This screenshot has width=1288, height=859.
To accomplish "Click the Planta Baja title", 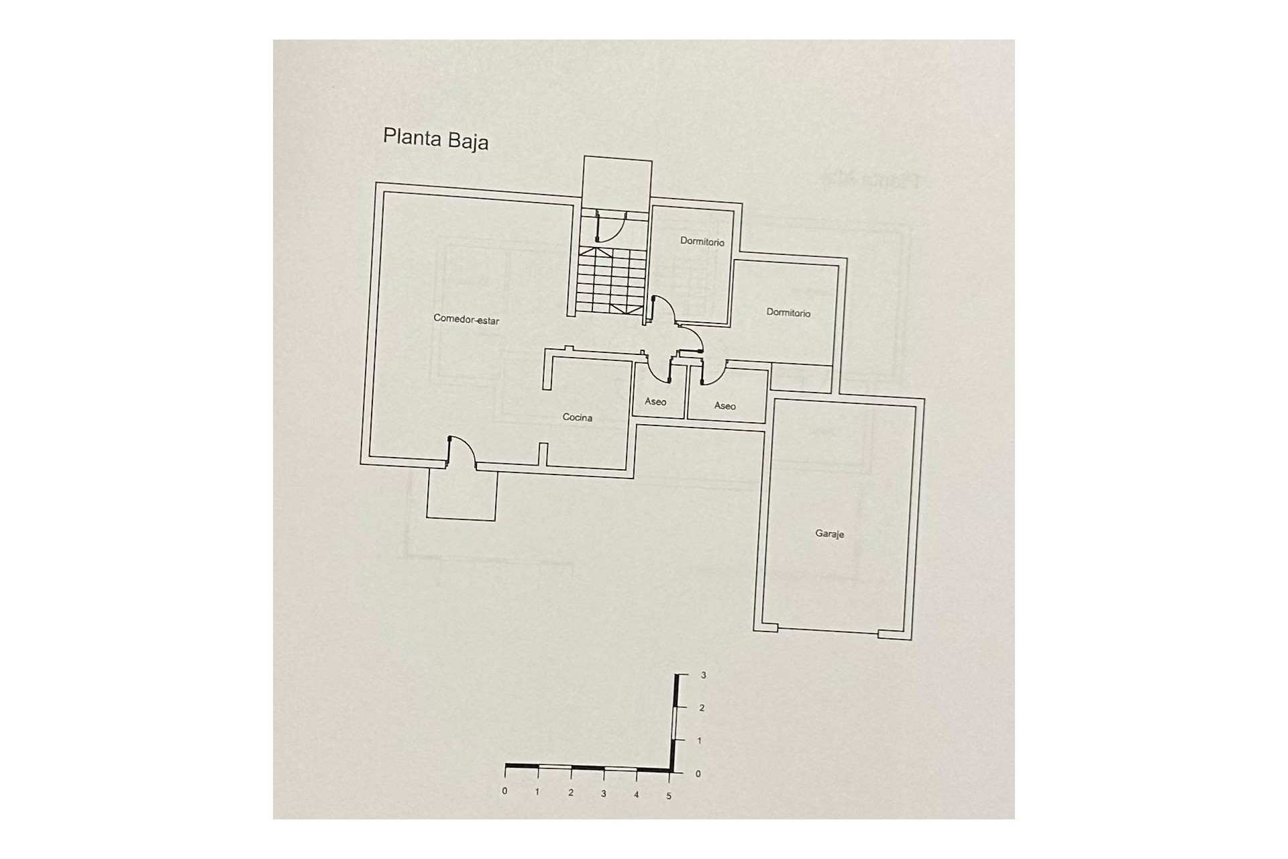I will click(x=435, y=139).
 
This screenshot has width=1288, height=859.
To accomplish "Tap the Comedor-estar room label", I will click(x=466, y=320).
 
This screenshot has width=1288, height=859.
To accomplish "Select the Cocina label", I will click(x=577, y=417).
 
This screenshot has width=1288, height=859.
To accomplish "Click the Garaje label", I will click(x=829, y=534).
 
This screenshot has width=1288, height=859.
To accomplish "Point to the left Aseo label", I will click(x=655, y=402).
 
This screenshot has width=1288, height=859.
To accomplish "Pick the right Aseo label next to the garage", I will click(x=724, y=406).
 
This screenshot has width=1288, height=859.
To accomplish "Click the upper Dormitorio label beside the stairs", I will click(x=702, y=242).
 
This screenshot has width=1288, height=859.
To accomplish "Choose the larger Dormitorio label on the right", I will click(x=788, y=313).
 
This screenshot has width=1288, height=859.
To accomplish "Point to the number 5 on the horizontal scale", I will click(x=669, y=796).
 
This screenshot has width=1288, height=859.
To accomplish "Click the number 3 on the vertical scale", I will click(x=703, y=675).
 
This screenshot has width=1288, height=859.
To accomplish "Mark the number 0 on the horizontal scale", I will click(x=504, y=791).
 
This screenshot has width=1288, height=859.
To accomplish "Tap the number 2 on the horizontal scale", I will click(x=571, y=793).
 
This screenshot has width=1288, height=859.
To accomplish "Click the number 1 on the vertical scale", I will click(x=700, y=741).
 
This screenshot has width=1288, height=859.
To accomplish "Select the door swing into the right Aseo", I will click(x=712, y=372).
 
